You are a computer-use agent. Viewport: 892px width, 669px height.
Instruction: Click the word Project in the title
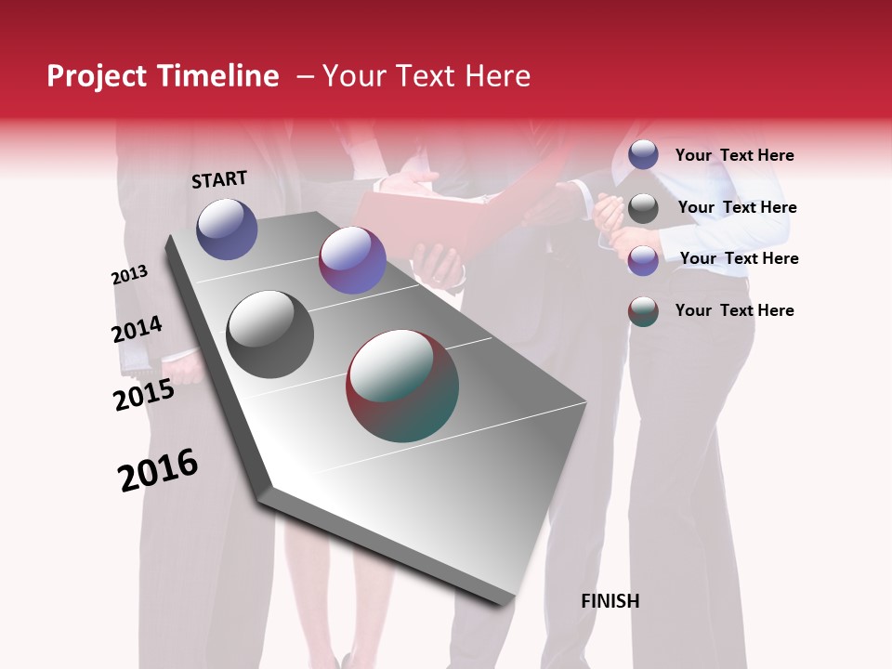pos(95,77)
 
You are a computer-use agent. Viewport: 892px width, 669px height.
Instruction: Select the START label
pos(219,179)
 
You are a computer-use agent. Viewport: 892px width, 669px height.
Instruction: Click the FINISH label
pos(610,601)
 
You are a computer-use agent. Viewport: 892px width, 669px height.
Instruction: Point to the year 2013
pos(129,275)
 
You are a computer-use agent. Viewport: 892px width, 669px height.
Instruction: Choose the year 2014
pos(137,330)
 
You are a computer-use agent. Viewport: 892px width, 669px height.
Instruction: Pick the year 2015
pos(144,396)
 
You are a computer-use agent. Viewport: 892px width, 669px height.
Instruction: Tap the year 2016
pos(158,470)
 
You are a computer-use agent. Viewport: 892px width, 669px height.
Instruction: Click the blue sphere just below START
pos(227,229)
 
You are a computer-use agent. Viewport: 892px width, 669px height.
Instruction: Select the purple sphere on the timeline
pos(352,260)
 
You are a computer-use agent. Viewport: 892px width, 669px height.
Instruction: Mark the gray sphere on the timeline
pos(270,334)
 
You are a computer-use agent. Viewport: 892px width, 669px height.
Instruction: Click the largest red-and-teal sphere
pos(402,386)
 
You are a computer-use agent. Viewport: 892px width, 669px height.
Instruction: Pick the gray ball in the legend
pos(643,208)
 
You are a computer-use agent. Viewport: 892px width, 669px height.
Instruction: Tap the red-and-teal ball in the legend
pos(643,311)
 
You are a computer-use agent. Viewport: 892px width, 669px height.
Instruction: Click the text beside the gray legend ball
pos(737,207)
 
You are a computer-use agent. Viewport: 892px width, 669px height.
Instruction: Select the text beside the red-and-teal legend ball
pos(734,310)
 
